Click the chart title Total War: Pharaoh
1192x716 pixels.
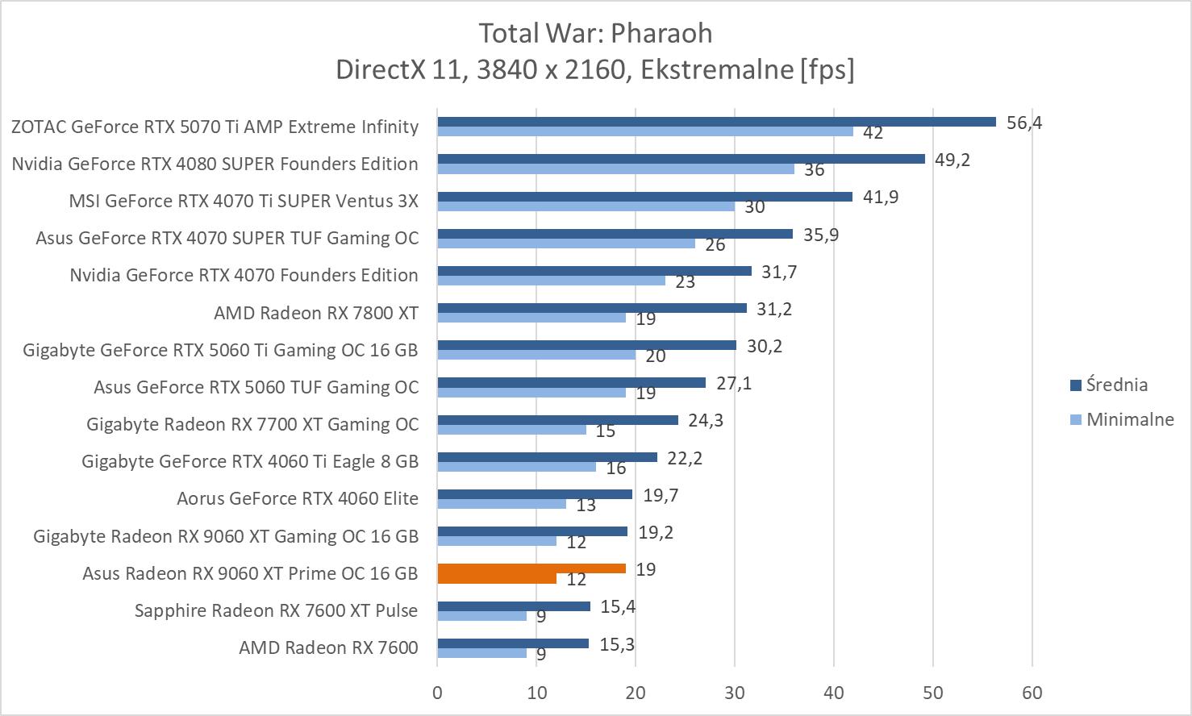click(595, 33)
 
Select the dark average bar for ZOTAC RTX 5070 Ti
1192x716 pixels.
click(716, 122)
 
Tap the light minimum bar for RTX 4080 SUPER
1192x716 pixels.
click(615, 169)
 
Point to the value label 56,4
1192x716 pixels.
click(1024, 123)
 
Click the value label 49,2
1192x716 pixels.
click(952, 160)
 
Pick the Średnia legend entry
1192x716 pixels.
click(1116, 385)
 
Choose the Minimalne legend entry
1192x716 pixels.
click(1129, 419)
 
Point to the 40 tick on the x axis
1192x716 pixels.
click(834, 693)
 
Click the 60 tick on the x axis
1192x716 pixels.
click(1032, 693)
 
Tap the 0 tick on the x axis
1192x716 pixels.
click(437, 693)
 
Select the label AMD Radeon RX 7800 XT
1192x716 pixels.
click(316, 313)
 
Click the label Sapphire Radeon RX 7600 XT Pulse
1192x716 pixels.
click(277, 610)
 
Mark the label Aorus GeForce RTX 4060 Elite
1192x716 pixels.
click(298, 498)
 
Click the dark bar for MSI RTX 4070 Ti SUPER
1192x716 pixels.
click(644, 197)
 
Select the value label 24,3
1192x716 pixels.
click(706, 420)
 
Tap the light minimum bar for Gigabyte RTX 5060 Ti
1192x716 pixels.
click(536, 355)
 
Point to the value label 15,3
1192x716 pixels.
click(616, 643)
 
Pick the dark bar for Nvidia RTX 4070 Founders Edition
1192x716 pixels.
click(594, 271)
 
